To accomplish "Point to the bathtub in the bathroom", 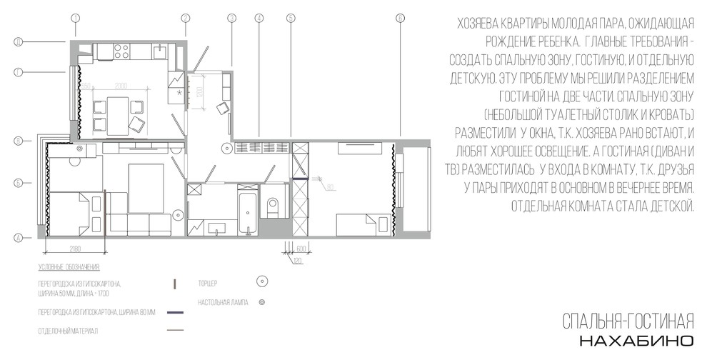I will click(x=247, y=211).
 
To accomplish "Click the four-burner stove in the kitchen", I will click(x=121, y=51).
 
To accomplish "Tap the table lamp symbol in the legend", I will click(x=262, y=303).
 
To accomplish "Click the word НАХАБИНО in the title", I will click(x=636, y=339).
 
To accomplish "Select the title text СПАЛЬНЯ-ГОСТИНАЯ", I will click(x=628, y=319).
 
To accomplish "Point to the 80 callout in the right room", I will click(x=331, y=188).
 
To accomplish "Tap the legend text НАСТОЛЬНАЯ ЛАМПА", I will click(x=223, y=303).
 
